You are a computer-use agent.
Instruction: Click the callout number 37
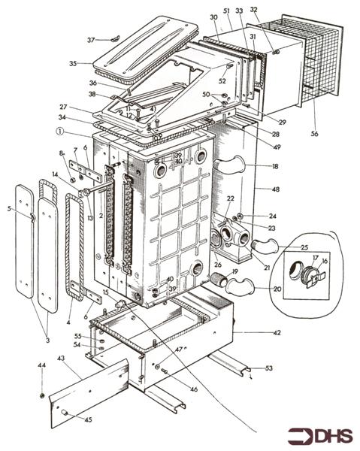tap(90, 40)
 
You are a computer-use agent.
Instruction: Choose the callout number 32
tap(253, 10)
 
